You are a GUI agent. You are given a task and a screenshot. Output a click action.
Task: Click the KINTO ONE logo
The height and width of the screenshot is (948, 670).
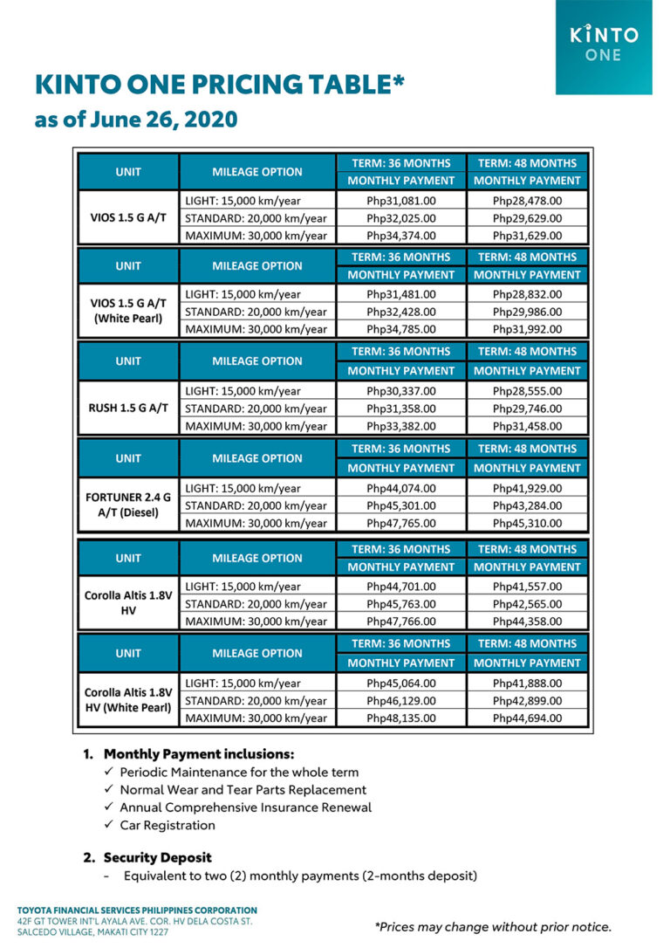[603, 44]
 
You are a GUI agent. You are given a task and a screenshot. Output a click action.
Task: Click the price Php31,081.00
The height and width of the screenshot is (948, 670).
[401, 201]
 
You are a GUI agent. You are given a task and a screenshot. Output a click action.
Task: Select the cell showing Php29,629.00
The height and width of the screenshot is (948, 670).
[527, 218]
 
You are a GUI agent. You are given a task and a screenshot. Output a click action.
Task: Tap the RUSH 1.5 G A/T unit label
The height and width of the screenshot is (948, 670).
[128, 409]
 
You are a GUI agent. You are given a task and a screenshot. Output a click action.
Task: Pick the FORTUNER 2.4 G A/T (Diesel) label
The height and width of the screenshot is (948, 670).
[128, 505]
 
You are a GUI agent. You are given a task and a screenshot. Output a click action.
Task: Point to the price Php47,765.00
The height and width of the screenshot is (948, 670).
[401, 523]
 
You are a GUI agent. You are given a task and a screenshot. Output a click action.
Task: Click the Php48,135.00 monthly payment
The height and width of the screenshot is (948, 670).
[401, 718]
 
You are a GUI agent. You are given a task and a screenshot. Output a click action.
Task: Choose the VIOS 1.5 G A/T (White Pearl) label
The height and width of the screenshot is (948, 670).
[128, 312]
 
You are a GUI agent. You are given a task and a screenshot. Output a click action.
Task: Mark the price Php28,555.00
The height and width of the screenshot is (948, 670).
[527, 391]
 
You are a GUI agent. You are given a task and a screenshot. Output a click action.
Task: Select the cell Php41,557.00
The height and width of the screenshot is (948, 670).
[527, 587]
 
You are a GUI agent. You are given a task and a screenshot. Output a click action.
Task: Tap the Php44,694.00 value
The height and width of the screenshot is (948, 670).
[527, 718]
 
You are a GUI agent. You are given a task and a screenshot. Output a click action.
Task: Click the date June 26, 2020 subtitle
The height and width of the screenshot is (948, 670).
[136, 120]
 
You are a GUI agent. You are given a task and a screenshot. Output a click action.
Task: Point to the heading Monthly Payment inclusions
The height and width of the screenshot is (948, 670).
[199, 754]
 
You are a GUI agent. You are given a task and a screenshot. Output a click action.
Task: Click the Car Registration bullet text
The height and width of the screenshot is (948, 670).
[167, 825]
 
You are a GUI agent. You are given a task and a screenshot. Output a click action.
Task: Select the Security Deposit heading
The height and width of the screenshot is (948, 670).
[158, 857]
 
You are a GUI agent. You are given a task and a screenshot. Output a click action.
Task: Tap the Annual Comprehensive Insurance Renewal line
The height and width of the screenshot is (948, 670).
[245, 807]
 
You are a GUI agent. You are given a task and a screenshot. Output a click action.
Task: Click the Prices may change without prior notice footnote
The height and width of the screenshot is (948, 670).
[493, 926]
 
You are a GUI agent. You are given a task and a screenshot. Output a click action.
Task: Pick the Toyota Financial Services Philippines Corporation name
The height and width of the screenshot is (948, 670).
[137, 910]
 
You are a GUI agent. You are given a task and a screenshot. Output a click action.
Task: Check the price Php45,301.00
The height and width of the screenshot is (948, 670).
[401, 505]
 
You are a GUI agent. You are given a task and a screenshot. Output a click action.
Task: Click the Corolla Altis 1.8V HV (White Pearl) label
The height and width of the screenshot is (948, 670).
[128, 701]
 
